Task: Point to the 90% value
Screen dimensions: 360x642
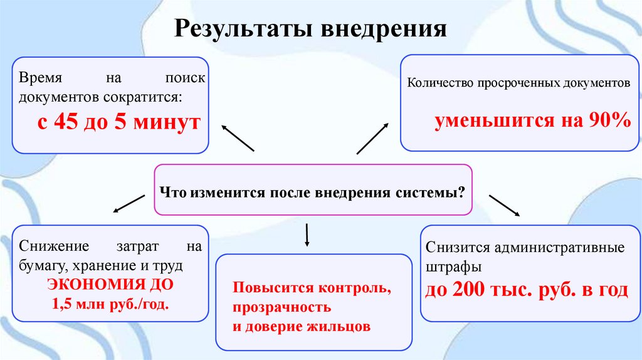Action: (x=609, y=120)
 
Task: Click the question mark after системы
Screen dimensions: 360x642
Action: (x=461, y=191)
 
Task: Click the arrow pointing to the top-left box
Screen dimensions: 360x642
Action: (x=238, y=137)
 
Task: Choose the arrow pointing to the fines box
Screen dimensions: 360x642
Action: (x=504, y=205)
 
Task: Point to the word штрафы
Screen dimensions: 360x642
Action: (x=453, y=267)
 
